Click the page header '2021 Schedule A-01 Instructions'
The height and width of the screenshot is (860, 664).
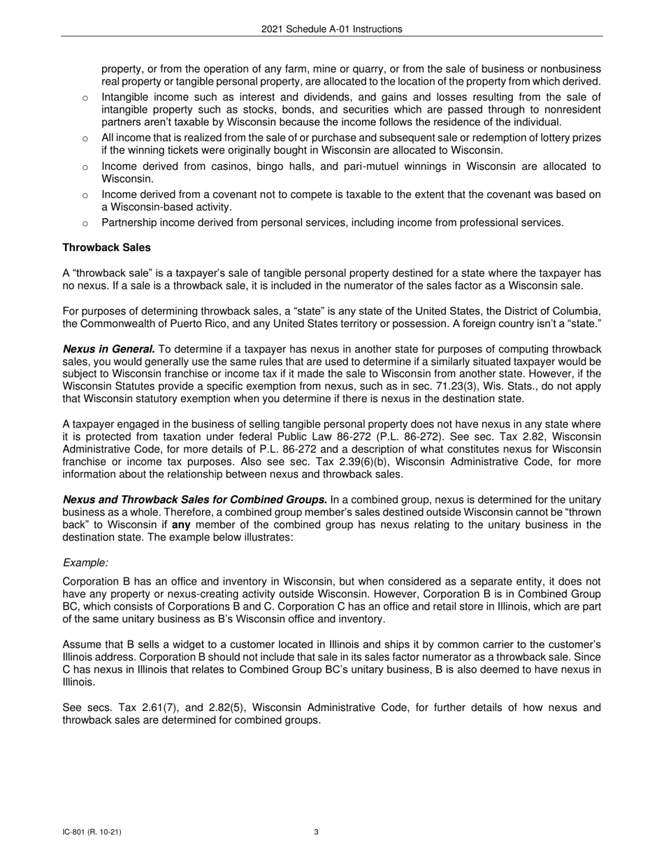[x=332, y=29]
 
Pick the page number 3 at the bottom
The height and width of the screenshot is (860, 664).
[x=317, y=832]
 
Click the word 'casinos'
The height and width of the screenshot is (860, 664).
[x=217, y=166]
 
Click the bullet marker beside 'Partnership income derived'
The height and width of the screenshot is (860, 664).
[x=85, y=223]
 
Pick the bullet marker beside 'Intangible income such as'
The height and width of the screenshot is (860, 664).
[x=85, y=97]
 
